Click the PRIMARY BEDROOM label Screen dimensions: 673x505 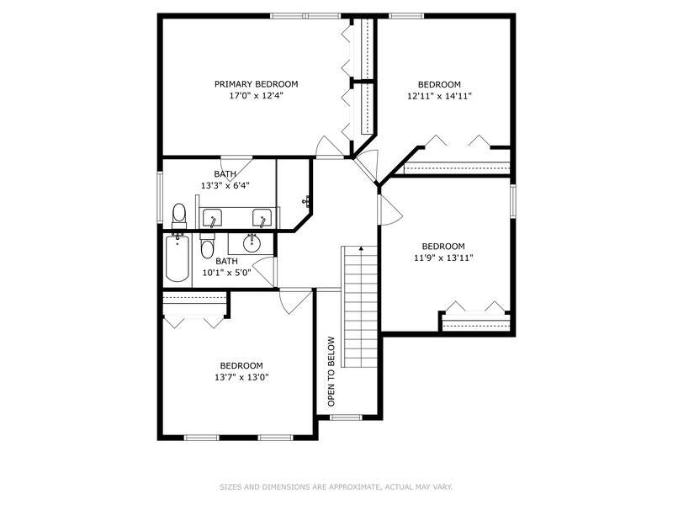[257, 84]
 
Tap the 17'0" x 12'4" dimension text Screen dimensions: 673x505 [257, 96]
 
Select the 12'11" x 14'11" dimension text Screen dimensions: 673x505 [439, 96]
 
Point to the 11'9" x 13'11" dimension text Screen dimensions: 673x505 [443, 258]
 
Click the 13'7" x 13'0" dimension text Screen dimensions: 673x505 [241, 377]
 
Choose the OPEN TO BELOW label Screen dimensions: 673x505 [331, 371]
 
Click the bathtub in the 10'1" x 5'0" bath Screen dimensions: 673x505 [178, 258]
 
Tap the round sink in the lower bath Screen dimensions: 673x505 [252, 243]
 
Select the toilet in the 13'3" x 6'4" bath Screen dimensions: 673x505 [179, 216]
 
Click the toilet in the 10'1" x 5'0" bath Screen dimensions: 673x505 [207, 246]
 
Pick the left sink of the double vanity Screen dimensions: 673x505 [212, 218]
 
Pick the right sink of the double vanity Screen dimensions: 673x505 [262, 218]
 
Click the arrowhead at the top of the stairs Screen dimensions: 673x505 [362, 248]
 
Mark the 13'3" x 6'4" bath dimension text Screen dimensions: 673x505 [225, 186]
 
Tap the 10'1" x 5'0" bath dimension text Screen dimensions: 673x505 [226, 273]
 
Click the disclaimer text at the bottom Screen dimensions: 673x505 [336, 487]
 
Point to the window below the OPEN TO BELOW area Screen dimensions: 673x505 [346, 417]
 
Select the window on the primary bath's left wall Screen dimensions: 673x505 [160, 197]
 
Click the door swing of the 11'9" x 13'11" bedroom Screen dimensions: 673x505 [389, 210]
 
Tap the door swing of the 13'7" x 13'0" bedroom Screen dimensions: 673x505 [295, 301]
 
